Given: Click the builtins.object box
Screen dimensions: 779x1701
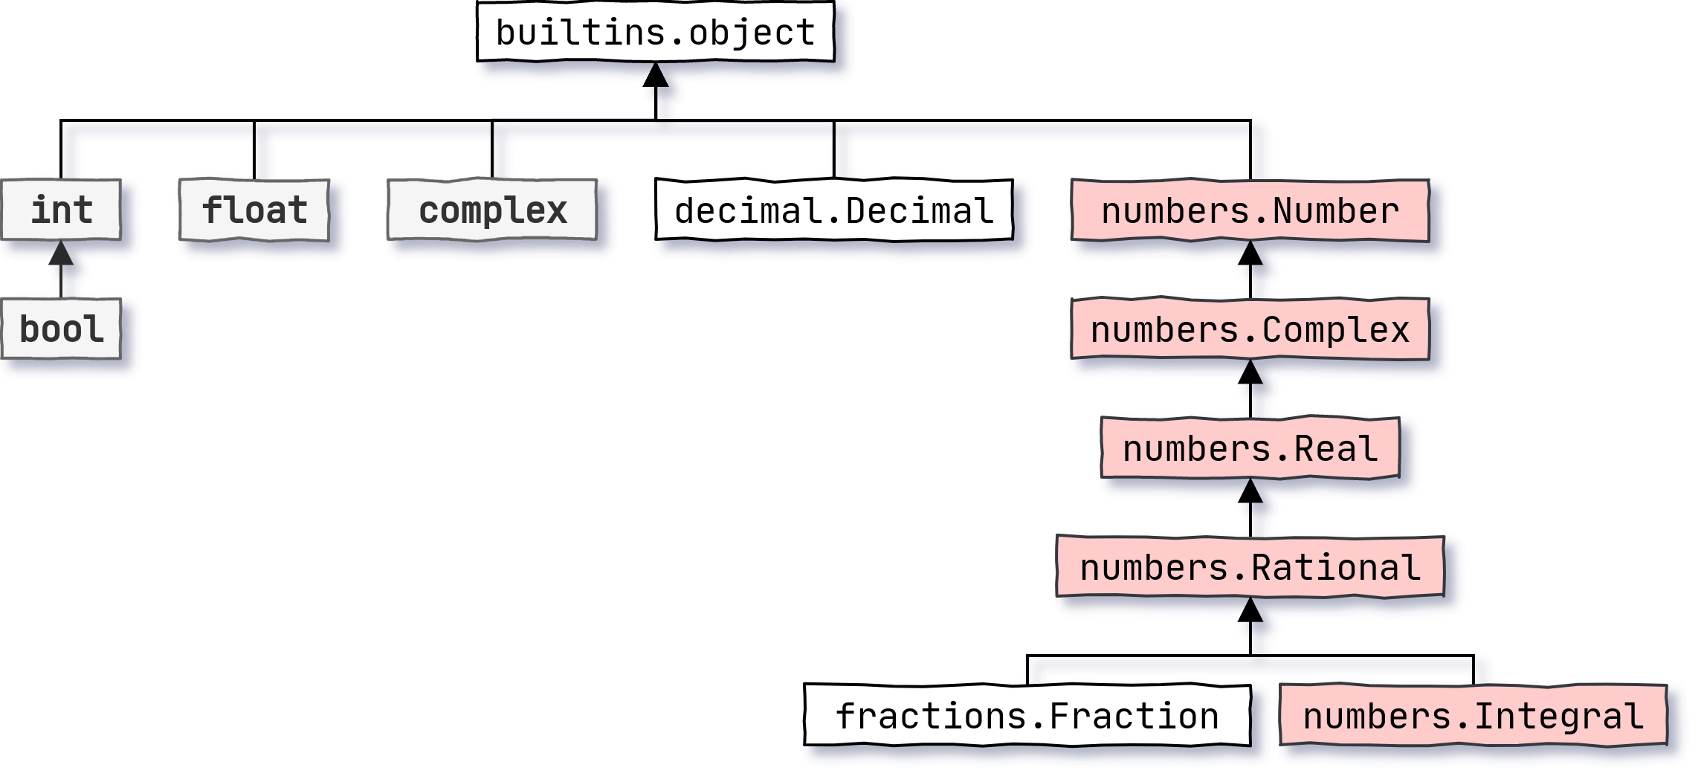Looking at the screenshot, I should click(x=655, y=32).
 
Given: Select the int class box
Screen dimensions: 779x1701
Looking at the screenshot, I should click(x=61, y=210).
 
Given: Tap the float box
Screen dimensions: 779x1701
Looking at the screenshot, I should click(x=254, y=210).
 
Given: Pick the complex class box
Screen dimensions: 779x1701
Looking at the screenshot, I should click(x=492, y=210).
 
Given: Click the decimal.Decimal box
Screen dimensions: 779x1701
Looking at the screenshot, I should click(x=833, y=210).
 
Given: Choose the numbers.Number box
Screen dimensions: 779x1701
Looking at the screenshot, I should click(x=1250, y=210).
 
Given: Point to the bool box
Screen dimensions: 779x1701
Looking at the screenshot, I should click(x=61, y=329).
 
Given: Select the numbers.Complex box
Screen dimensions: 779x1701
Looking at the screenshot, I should click(x=1250, y=329).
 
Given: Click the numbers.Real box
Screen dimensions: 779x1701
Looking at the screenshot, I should click(x=1250, y=448).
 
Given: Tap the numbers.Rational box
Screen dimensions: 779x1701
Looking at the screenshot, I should click(x=1250, y=567).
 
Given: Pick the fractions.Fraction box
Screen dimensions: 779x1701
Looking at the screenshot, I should click(x=1027, y=715).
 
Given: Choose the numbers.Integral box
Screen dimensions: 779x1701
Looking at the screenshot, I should click(x=1473, y=715).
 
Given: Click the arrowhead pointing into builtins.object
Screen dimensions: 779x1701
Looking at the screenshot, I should click(x=655, y=76).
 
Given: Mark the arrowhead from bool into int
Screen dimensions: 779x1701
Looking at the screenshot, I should click(x=61, y=254).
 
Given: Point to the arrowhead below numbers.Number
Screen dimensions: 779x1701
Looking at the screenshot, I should click(x=1250, y=254).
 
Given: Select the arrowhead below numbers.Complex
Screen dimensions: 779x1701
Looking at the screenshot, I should click(x=1250, y=373).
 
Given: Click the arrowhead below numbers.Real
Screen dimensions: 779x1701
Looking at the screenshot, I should click(x=1250, y=492).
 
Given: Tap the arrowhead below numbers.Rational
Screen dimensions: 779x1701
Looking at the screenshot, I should click(x=1250, y=611).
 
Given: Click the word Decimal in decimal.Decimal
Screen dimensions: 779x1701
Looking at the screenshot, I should click(x=920, y=210).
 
